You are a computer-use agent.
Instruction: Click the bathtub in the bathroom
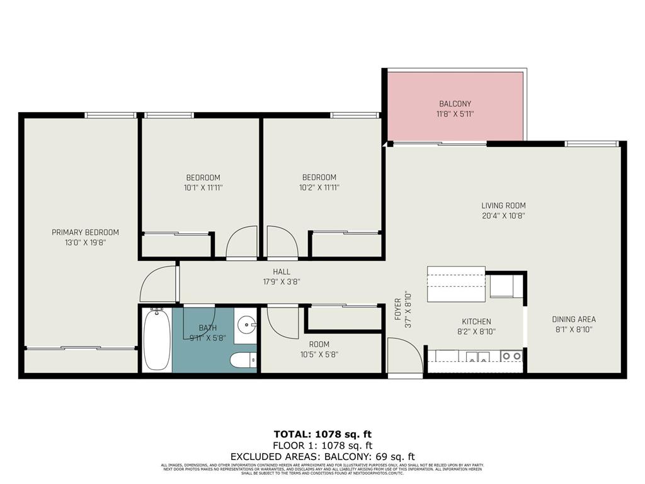point(156,340)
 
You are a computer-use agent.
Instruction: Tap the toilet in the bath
point(243,360)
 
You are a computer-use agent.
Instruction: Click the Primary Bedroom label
point(85,233)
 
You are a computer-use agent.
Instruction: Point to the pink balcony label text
point(455,104)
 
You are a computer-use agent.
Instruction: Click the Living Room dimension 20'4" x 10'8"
point(503,216)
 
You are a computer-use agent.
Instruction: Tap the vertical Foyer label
point(398,309)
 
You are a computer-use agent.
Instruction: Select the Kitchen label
point(476,321)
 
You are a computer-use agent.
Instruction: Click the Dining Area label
point(573,320)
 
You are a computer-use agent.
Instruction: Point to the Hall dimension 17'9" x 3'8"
point(282,282)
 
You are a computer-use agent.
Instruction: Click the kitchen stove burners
point(511,357)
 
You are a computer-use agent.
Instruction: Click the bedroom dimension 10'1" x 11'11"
point(203,187)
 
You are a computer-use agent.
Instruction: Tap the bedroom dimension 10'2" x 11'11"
point(319,187)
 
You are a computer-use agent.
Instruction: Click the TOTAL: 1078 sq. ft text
point(322,434)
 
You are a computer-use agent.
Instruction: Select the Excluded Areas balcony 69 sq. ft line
point(322,456)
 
